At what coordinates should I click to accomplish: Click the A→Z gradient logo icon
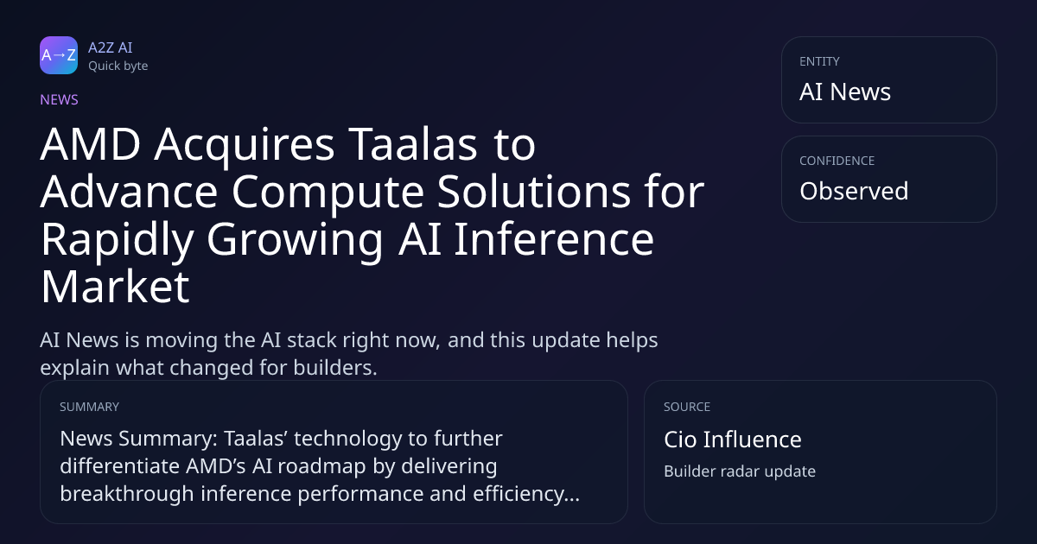59,55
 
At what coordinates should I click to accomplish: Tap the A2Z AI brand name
111,47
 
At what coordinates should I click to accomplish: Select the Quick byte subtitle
118,66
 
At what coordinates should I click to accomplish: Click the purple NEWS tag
60,99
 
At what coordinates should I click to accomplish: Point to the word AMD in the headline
91,144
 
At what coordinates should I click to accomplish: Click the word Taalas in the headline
412,144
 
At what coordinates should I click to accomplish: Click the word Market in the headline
115,287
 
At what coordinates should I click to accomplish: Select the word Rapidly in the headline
118,241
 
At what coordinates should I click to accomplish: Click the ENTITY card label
819,61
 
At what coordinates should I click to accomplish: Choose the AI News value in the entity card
845,92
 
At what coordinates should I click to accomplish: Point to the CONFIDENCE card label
837,161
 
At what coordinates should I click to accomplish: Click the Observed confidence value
854,191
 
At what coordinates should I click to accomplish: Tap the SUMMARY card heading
89,407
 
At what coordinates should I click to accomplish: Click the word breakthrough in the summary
127,493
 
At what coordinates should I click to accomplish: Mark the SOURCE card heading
687,407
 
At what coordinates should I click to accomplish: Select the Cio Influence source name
733,439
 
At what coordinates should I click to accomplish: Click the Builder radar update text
740,471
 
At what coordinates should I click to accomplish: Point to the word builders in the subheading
334,367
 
